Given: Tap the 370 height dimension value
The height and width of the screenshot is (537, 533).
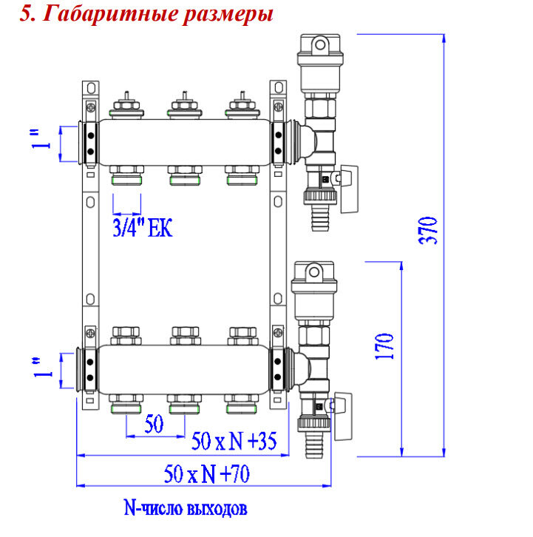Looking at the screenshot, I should click(x=432, y=231).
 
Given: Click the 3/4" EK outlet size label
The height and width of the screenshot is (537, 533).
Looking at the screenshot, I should click(x=142, y=229).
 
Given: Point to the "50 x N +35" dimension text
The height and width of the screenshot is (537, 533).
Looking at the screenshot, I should click(x=234, y=442).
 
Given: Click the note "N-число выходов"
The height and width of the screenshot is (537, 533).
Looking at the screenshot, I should click(x=185, y=510).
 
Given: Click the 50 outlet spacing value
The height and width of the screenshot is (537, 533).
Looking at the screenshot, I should click(x=154, y=425).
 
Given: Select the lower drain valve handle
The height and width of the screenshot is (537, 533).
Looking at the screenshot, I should click(x=344, y=406).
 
